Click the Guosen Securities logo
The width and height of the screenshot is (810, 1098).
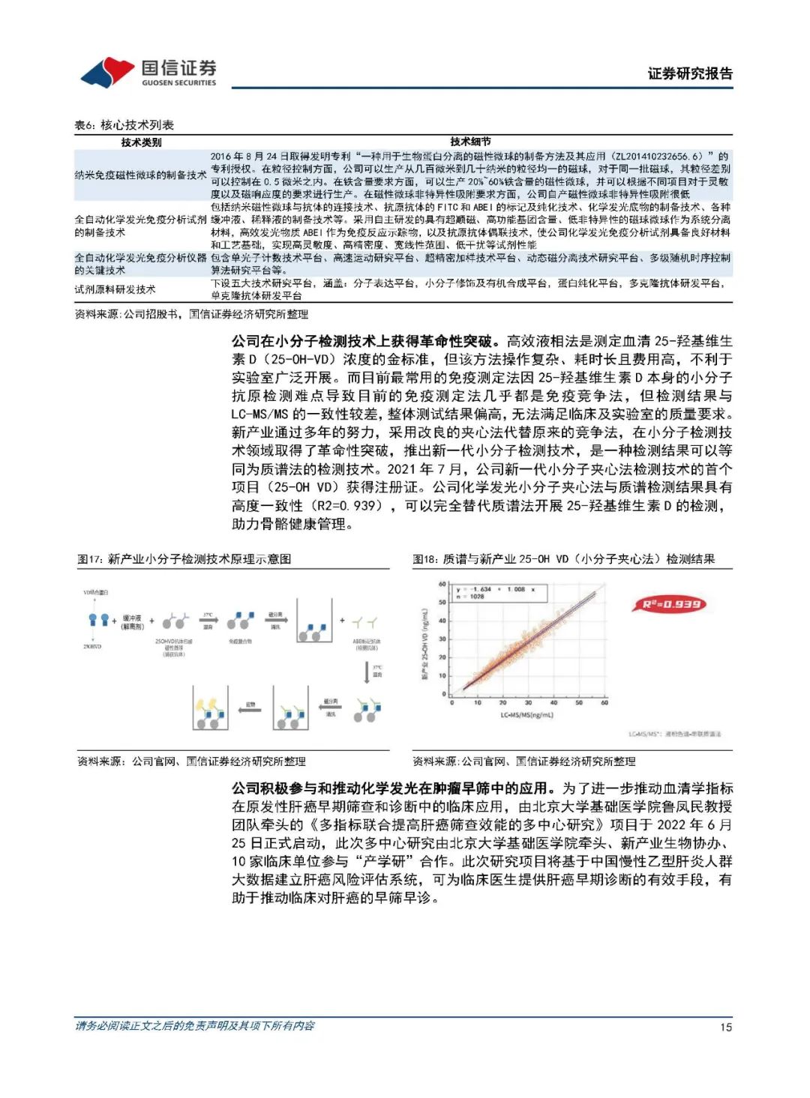point(148,73)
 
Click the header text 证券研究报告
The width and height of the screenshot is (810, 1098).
point(689,73)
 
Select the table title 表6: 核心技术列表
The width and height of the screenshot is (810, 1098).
point(124,125)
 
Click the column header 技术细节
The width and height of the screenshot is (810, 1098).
point(470,142)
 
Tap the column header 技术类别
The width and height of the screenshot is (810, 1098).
point(141,142)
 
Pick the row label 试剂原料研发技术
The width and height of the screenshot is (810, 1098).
point(115,289)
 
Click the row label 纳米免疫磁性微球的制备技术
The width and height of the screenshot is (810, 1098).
point(140,175)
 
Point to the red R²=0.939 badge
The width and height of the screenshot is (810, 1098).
point(672,604)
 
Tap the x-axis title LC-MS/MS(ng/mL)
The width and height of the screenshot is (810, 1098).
point(526,715)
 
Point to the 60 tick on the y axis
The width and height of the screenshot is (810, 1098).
point(442,585)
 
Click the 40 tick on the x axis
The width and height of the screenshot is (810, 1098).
point(553,703)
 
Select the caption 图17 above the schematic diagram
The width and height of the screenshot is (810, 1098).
point(184,559)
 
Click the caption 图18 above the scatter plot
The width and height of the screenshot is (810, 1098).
point(563,559)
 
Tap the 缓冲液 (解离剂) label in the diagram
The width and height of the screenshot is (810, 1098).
point(132,622)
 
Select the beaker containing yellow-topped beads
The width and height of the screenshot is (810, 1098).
point(211,708)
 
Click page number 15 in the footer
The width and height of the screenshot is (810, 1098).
point(725,1027)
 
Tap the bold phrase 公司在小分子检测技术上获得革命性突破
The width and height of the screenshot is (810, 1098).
point(362,341)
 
